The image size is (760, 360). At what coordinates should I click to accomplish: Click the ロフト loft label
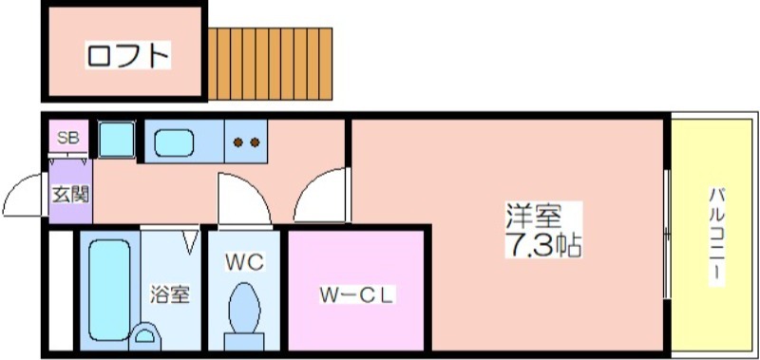[127, 55]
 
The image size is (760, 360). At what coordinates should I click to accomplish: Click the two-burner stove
[247, 142]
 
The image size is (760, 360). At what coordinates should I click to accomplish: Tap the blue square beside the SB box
[116, 140]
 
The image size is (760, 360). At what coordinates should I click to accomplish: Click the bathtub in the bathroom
[109, 285]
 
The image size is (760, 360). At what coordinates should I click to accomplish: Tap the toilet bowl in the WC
[246, 310]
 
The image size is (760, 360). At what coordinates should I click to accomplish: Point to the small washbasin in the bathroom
[146, 335]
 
